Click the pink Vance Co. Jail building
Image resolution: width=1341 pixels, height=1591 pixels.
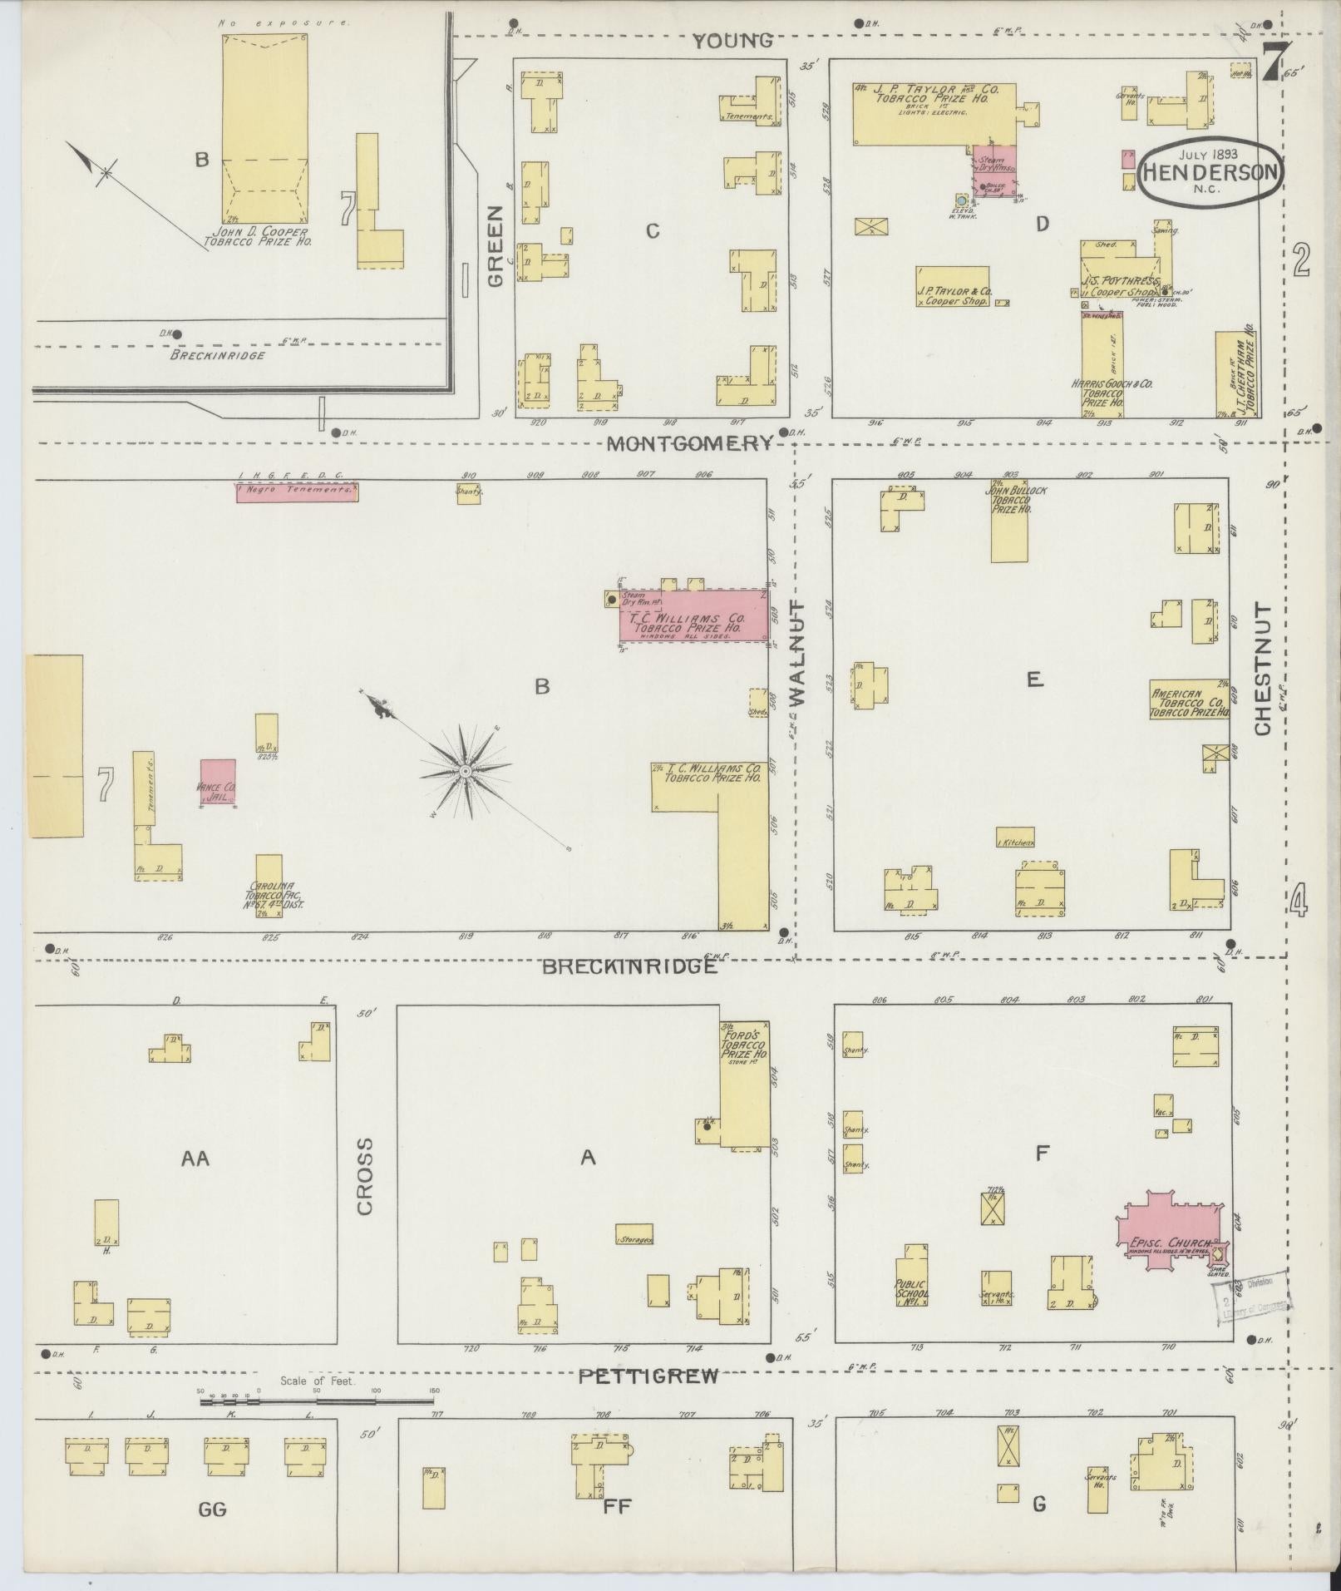(217, 782)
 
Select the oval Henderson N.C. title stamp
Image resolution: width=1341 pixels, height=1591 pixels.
(1209, 172)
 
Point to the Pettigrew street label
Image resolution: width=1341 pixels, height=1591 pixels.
(648, 1376)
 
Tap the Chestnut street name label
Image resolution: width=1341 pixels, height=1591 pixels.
(1263, 670)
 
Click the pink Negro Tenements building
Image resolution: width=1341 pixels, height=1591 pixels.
(297, 492)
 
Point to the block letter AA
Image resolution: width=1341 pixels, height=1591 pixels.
(196, 1158)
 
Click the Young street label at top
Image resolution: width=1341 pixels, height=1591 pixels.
(732, 40)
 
